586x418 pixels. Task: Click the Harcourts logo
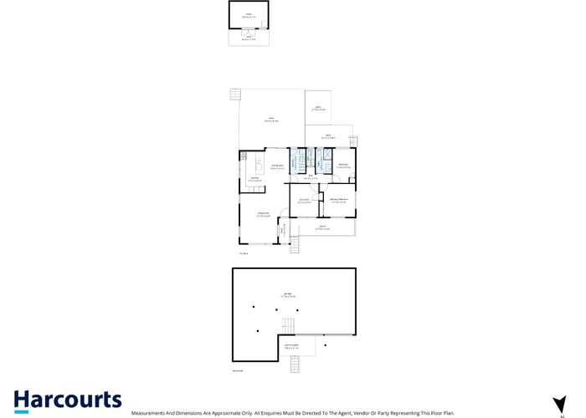(x=67, y=400)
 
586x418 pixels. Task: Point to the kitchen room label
(x=254, y=178)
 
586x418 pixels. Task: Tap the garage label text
(x=289, y=295)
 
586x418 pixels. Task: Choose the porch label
(x=324, y=227)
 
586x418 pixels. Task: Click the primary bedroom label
(x=339, y=199)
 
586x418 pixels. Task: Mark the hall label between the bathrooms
(x=310, y=176)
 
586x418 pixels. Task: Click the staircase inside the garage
(x=289, y=324)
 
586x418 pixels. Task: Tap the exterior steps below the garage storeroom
(x=294, y=364)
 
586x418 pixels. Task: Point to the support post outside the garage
(x=326, y=343)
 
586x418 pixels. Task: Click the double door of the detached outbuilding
(x=249, y=32)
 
